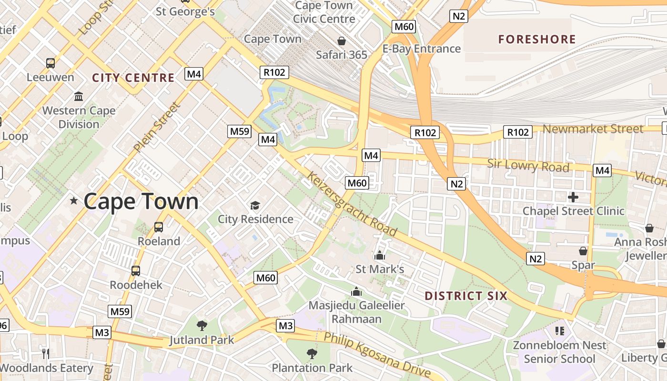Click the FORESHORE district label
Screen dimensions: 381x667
click(537, 40)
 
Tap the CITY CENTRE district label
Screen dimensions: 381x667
click(133, 78)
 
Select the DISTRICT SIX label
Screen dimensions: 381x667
click(466, 296)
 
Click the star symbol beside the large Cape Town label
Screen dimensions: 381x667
click(74, 201)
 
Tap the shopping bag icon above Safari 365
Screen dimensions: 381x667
click(342, 41)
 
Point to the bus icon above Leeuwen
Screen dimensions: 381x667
click(50, 63)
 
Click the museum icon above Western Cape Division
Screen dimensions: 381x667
click(79, 97)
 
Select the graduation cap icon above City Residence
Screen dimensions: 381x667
click(255, 205)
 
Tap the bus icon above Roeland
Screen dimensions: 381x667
click(159, 227)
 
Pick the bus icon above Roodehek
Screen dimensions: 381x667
click(136, 271)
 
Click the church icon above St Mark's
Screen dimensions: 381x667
click(380, 255)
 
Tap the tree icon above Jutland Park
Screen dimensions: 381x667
click(202, 326)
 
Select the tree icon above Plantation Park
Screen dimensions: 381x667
click(312, 353)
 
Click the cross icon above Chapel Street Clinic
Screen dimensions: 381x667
click(573, 197)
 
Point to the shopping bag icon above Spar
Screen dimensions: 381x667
click(583, 251)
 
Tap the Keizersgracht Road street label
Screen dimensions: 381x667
click(353, 204)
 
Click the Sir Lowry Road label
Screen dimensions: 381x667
click(528, 166)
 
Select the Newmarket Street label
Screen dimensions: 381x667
click(593, 129)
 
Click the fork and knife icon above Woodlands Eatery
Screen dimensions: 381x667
click(46, 353)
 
